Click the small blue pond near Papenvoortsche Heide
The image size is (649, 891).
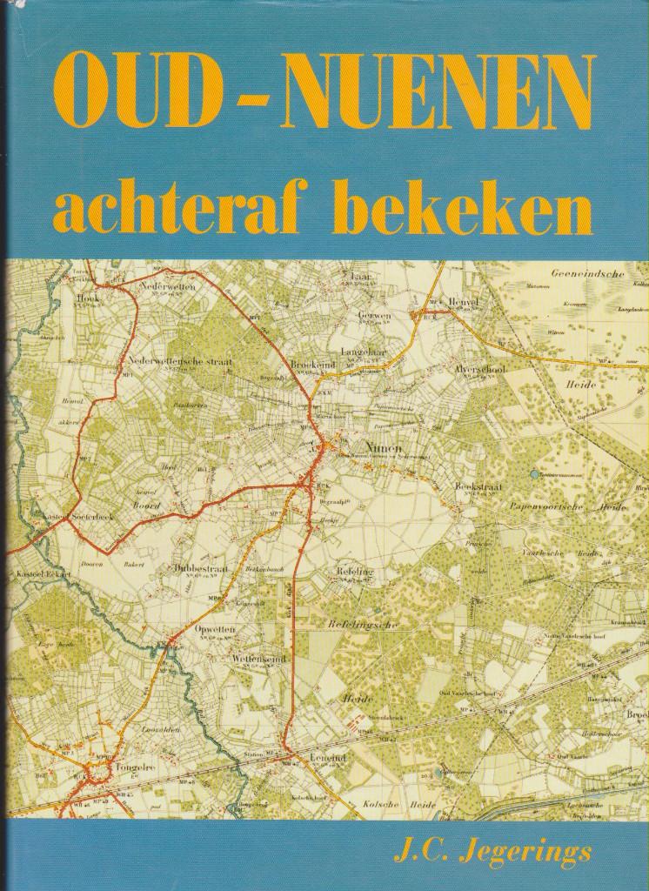532,474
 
